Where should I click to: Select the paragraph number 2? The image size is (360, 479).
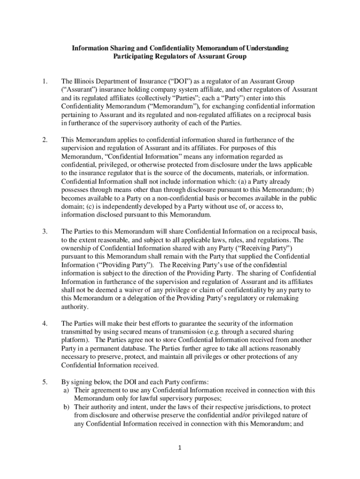pos(44,139)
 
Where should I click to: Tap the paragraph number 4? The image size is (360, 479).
pos(44,323)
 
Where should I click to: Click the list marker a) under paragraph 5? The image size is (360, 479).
pos(66,390)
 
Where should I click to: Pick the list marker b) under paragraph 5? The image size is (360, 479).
pos(66,407)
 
